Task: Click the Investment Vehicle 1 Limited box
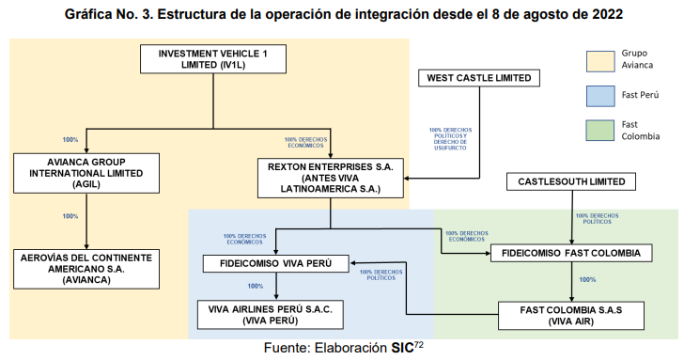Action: coord(213,59)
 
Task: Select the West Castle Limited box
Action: coord(477,78)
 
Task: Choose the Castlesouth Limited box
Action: coord(571,180)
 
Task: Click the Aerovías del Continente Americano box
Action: coord(85,266)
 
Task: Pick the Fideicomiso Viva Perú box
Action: coord(275,262)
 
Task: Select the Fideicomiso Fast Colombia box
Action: coord(572,254)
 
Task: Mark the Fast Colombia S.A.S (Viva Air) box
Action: coord(572,313)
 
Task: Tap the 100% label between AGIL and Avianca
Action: coord(70,216)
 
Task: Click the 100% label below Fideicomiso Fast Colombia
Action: coord(588,279)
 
